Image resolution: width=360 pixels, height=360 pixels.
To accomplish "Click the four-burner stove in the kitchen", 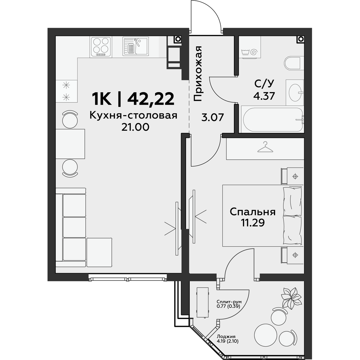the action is [101, 46].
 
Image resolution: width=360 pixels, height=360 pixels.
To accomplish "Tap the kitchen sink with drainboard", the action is [136, 46].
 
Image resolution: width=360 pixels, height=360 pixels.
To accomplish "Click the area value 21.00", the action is [135, 127].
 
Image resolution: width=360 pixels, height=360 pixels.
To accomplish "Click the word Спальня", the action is [253, 212].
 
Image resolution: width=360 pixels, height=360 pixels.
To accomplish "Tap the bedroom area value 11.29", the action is [253, 222].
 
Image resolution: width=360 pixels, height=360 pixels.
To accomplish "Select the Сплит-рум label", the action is [229, 301].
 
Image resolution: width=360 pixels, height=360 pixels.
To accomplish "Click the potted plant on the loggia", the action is [291, 296].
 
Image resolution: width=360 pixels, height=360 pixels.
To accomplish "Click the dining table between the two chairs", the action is [70, 144].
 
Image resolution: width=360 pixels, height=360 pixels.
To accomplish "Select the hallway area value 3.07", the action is [212, 118].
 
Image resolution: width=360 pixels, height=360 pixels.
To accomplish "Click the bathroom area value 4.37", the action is [264, 96].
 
